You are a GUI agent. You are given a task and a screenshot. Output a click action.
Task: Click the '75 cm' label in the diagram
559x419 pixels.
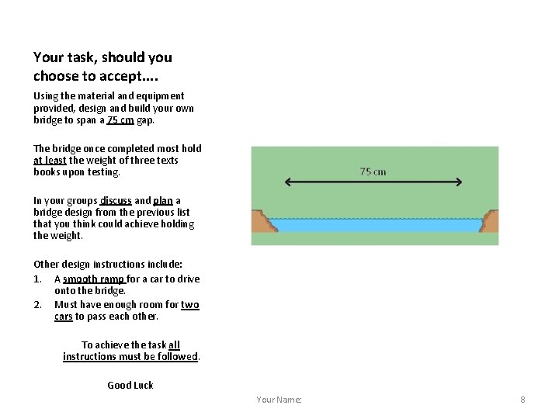[373, 171]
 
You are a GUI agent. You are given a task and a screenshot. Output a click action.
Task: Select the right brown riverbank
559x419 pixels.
[489, 222]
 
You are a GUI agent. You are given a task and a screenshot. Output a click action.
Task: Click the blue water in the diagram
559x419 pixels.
[377, 225]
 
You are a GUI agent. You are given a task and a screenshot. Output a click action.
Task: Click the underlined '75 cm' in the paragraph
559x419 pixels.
[120, 120]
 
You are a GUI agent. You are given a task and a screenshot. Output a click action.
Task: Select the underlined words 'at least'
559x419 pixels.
[50, 161]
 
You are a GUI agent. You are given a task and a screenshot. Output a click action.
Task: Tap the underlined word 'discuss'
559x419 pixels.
[116, 200]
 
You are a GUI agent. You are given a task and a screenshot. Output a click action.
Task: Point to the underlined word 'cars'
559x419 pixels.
[63, 317]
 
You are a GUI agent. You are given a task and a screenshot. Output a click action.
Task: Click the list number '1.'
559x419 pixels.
[38, 279]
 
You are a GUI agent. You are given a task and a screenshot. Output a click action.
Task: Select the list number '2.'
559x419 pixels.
[38, 305]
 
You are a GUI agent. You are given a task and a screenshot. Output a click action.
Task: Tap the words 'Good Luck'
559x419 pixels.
[130, 385]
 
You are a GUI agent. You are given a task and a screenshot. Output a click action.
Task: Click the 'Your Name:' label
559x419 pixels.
[279, 400]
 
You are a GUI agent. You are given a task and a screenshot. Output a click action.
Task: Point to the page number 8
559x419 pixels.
[523, 400]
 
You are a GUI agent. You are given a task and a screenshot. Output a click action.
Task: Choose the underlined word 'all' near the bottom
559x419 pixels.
[174, 345]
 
